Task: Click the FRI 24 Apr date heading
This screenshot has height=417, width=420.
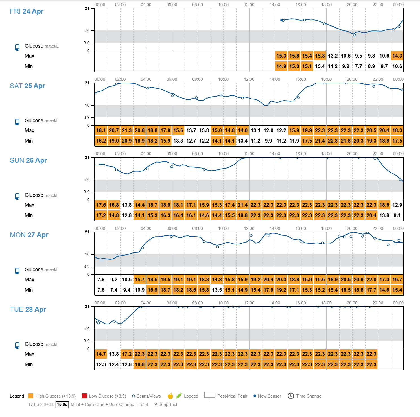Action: (27, 11)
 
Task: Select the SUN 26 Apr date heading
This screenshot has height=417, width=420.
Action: (28, 160)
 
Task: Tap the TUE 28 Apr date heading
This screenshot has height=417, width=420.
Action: (28, 309)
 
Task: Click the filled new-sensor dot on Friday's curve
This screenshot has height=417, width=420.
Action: (281, 20)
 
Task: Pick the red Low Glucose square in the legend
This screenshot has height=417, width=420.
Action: (84, 396)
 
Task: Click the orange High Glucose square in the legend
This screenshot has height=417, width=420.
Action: (31, 396)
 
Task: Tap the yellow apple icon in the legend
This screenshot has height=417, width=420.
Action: (170, 396)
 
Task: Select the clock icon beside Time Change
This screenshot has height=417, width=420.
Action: (291, 396)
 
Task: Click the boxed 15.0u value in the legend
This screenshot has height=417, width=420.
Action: (62, 404)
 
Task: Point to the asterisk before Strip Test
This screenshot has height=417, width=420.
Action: (156, 404)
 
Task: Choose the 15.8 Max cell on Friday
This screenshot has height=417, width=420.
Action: (294, 56)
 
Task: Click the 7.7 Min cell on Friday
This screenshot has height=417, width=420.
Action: (358, 66)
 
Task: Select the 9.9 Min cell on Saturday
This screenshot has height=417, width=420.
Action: (268, 141)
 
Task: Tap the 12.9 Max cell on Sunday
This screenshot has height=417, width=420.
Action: (397, 205)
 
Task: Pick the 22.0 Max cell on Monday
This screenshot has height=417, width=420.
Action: (371, 280)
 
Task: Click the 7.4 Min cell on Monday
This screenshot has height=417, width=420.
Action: (114, 290)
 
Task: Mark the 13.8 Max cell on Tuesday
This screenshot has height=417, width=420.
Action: (114, 354)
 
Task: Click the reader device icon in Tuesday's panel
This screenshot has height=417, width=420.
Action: (17, 345)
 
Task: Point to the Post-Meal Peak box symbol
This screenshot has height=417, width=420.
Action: (210, 395)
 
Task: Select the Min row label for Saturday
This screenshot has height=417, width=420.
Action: (29, 141)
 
